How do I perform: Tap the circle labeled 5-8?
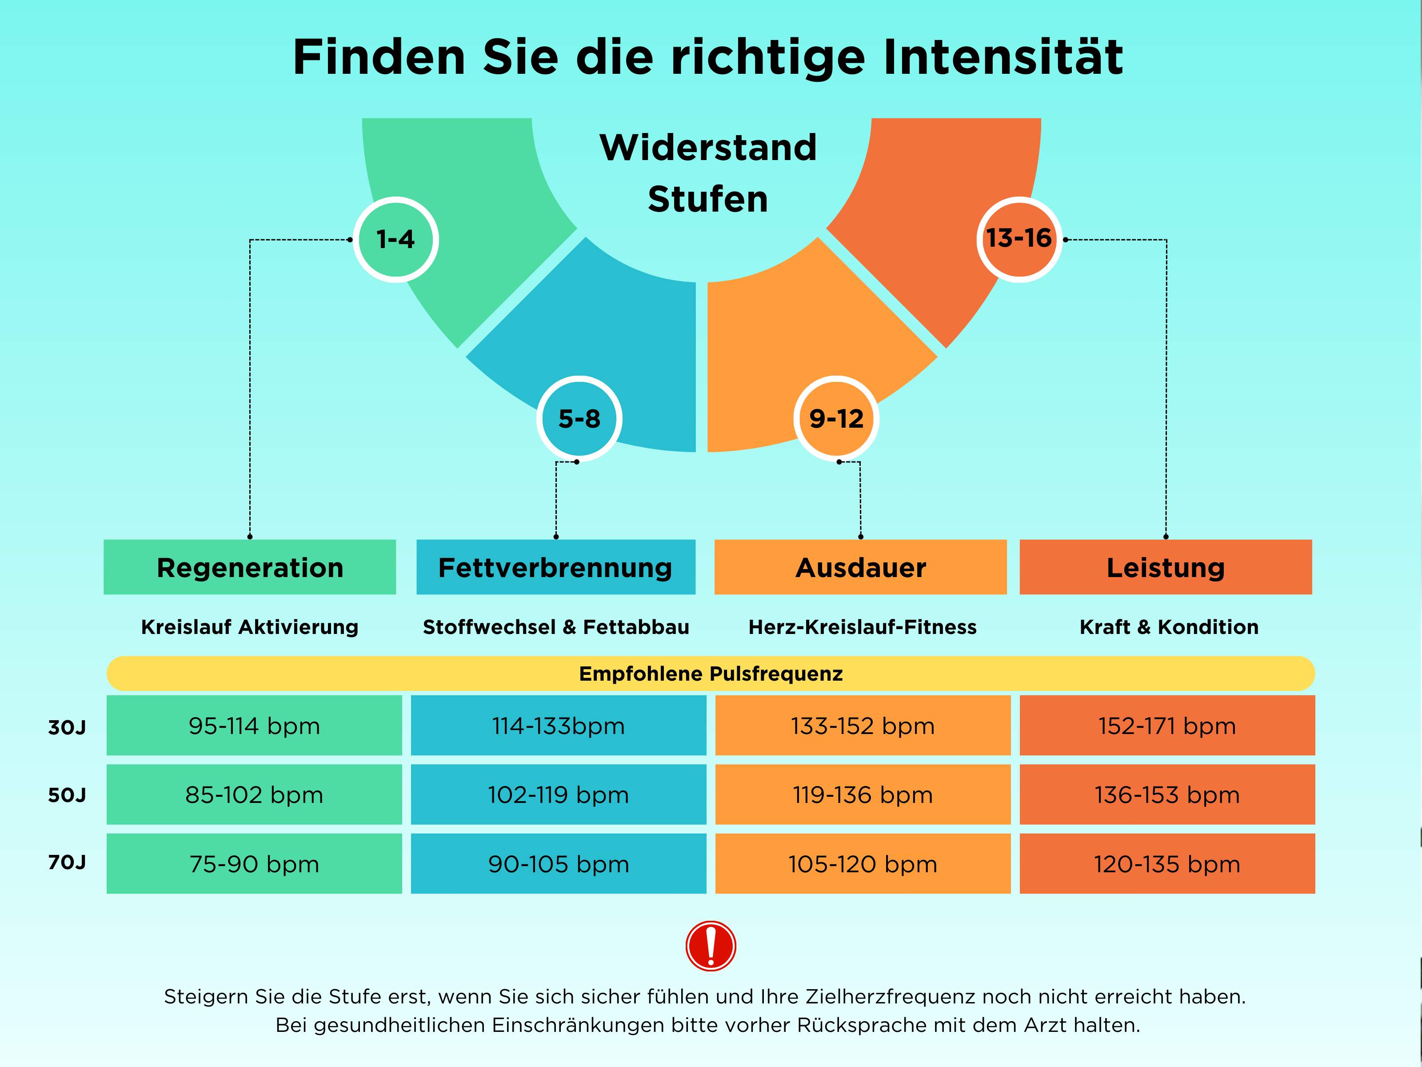tap(579, 419)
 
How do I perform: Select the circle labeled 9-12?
tap(836, 419)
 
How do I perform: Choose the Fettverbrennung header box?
tap(556, 567)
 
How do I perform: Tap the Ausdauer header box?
tap(860, 567)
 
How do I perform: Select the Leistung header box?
tap(1166, 567)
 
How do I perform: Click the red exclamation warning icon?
tap(711, 946)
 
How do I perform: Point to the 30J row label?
tap(67, 727)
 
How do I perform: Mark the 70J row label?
tap(67, 862)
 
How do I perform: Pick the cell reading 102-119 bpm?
tap(559, 794)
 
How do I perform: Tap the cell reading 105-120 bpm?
tap(863, 864)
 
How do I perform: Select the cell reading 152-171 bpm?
tap(1167, 726)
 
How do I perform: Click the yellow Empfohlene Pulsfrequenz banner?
tap(711, 674)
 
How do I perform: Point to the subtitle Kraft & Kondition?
tap(1169, 626)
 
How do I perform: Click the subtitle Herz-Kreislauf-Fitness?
tap(862, 626)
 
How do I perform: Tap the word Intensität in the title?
tap(1003, 56)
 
